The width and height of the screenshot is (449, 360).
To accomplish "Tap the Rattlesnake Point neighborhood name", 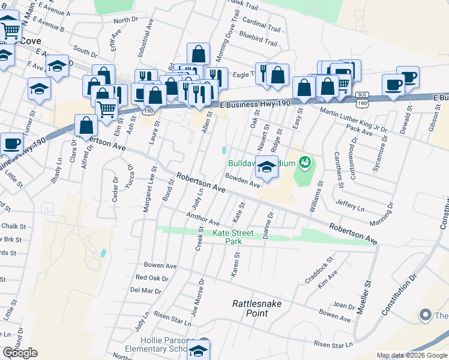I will tap(257, 308).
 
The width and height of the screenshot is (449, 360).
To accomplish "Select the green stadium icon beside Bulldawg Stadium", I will tap(306, 162).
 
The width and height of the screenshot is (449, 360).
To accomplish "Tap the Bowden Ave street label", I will tap(243, 180).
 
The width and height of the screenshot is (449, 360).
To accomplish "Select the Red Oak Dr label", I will tap(152, 277).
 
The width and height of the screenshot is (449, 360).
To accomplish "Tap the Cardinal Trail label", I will tap(262, 28).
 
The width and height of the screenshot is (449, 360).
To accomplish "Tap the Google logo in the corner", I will tap(20, 353).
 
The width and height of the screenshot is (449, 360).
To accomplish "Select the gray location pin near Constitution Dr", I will tap(426, 314).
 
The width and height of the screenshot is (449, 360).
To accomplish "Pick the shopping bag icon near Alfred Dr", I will tap(86, 125).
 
